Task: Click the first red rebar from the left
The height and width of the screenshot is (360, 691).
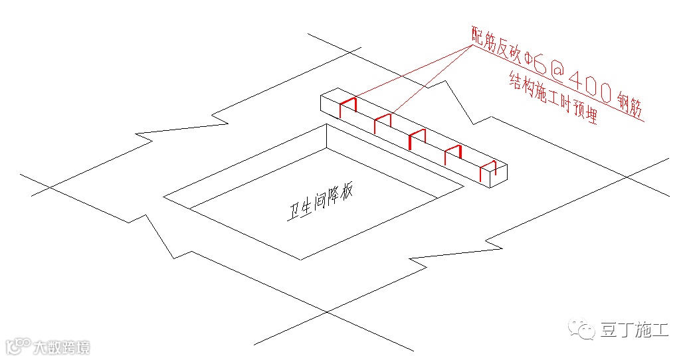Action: tap(348, 107)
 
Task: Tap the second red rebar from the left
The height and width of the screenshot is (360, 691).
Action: tap(383, 122)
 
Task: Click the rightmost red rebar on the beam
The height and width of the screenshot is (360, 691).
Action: tap(488, 171)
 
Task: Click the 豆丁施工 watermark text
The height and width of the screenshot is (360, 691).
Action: tap(635, 329)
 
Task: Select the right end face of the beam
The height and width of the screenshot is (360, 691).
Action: tap(498, 176)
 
